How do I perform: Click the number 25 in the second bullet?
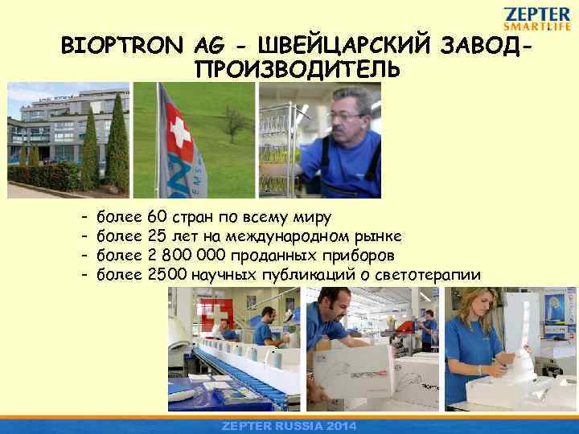[158, 236]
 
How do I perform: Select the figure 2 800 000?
[189, 256]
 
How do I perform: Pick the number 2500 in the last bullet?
[167, 275]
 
